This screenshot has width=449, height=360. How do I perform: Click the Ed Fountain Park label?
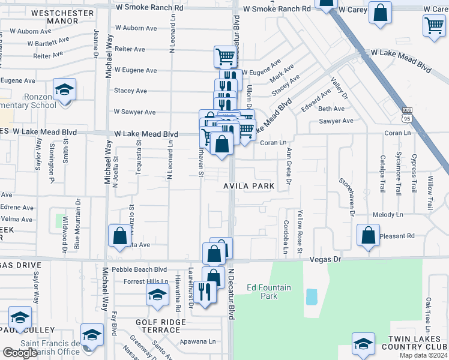point(269,292)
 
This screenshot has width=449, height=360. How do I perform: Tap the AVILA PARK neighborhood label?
point(249,186)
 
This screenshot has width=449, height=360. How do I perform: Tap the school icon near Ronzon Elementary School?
point(64,91)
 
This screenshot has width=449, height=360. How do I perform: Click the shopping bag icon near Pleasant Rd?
point(368,236)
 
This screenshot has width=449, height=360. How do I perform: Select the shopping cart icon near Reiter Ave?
point(226,57)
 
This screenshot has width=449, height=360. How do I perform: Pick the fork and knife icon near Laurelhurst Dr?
point(205,293)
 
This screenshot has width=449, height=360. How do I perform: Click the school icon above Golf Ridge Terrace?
point(157,296)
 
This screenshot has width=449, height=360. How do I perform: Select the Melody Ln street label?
point(388,214)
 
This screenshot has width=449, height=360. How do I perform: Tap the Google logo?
point(20,353)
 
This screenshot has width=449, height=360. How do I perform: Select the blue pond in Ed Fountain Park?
point(312,296)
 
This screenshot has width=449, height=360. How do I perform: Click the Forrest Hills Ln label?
point(145,281)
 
